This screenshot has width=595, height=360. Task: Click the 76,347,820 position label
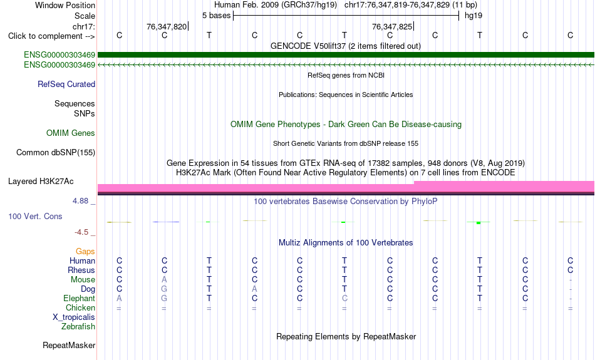[167, 26]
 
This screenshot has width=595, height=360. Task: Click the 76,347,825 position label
[392, 26]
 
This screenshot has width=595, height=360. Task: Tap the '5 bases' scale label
[216, 16]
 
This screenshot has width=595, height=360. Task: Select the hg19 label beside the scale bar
[473, 16]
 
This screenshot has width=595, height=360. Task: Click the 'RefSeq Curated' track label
[66, 85]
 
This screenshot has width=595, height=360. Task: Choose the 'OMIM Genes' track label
[71, 133]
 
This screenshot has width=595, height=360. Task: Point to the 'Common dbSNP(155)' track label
[56, 153]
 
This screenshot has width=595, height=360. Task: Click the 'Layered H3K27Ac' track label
[41, 182]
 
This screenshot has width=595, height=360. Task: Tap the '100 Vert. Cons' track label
[35, 216]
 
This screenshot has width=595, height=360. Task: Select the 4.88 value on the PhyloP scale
[80, 201]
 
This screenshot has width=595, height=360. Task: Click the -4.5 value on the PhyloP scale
[81, 232]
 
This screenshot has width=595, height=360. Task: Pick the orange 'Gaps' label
[85, 252]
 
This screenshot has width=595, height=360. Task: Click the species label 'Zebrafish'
[78, 327]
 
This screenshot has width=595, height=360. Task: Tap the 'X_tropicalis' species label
[74, 317]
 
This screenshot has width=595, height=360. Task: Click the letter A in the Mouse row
[164, 280]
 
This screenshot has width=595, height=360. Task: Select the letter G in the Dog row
[164, 289]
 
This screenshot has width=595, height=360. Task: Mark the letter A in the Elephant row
[119, 299]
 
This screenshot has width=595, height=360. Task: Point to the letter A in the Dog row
[255, 289]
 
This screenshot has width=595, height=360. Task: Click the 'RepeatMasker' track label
[69, 345]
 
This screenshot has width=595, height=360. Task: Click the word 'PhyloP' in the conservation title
[424, 202]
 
